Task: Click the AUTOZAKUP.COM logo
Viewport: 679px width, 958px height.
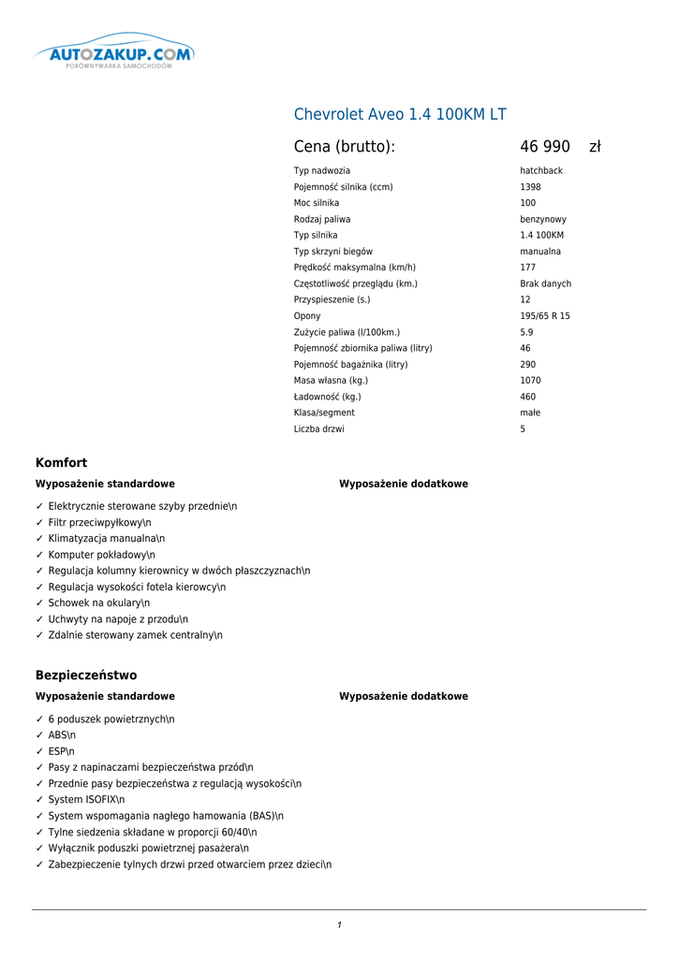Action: [113, 54]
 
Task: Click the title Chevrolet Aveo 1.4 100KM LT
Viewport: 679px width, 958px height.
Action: [400, 114]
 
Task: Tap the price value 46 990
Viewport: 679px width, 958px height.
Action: [545, 147]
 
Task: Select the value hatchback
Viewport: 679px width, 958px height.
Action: [541, 171]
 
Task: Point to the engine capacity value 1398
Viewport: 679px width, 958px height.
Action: [530, 187]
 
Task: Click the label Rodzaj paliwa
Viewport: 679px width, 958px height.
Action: [322, 219]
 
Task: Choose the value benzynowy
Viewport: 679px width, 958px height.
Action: [543, 219]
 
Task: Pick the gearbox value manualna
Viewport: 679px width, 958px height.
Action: [540, 252]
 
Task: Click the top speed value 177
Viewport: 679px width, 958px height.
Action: [528, 268]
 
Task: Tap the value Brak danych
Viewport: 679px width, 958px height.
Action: [545, 283]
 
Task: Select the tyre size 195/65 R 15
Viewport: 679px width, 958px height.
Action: [545, 316]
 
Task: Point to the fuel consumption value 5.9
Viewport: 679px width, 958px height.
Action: [526, 332]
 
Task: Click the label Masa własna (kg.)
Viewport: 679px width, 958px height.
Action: [331, 381]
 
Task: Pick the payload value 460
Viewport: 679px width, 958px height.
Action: [528, 397]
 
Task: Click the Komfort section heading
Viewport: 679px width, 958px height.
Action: [61, 462]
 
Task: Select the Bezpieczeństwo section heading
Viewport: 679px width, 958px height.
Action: [86, 675]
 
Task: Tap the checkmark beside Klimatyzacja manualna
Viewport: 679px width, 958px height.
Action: [39, 539]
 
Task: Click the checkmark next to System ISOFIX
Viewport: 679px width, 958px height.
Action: [39, 800]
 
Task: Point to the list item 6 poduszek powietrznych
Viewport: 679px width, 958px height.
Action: [111, 719]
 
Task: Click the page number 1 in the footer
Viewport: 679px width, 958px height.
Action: [339, 925]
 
